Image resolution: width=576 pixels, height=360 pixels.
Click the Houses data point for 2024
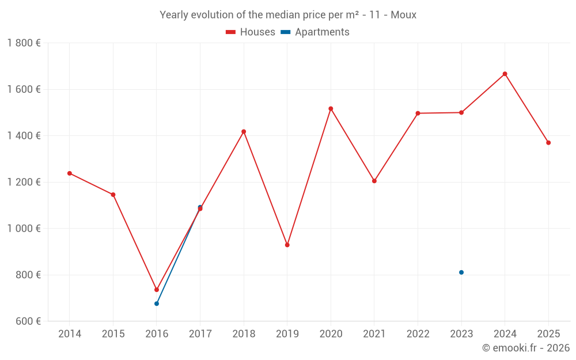[505, 74]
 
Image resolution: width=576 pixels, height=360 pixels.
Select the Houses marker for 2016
[157, 290]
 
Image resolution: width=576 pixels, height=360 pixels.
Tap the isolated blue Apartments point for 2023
[461, 272]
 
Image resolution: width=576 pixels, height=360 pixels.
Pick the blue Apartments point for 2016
[157, 304]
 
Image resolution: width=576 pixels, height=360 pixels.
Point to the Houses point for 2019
[287, 245]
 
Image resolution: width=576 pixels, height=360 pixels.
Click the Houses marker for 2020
[331, 108]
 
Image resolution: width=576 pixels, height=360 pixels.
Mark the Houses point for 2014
[70, 173]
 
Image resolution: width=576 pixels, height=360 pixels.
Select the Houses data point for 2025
[548, 142]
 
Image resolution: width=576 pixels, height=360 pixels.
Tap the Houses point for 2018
[244, 131]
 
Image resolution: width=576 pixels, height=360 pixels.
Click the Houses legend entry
[251, 32]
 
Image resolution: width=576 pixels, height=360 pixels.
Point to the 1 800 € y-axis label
[24, 43]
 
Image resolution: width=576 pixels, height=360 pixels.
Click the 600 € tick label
[28, 321]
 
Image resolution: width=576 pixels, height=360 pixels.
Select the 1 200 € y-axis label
[24, 182]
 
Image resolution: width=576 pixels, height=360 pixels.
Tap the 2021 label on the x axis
[374, 334]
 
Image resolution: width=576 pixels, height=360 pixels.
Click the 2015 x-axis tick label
[113, 334]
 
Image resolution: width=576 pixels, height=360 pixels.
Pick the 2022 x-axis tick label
[418, 334]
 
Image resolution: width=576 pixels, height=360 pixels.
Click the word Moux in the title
[404, 15]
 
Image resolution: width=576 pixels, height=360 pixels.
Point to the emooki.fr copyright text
[526, 348]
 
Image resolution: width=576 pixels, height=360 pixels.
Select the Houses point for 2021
[374, 181]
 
